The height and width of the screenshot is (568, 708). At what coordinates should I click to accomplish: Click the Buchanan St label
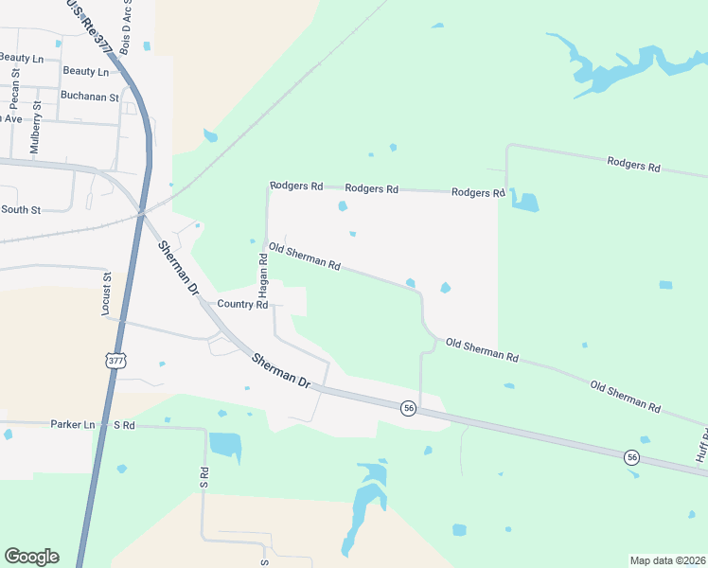click(x=90, y=97)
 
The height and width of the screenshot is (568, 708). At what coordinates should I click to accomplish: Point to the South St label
click(x=21, y=209)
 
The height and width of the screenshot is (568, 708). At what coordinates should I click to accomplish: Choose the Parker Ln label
click(x=73, y=425)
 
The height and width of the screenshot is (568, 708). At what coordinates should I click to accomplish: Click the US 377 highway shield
click(x=115, y=361)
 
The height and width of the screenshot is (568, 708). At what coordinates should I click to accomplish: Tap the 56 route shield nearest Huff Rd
click(x=631, y=457)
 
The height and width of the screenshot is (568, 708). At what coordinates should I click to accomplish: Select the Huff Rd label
click(x=702, y=445)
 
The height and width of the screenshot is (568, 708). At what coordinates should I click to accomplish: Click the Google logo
click(x=31, y=556)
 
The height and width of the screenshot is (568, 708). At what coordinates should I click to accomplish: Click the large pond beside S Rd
click(x=224, y=444)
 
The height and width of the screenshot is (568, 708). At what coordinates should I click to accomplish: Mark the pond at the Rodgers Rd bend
click(x=524, y=201)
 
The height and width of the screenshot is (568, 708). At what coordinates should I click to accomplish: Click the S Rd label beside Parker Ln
click(x=125, y=425)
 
